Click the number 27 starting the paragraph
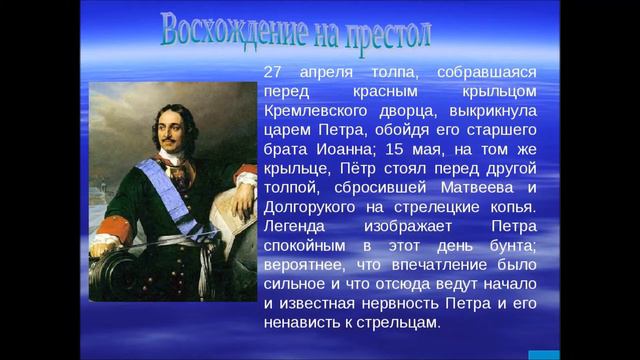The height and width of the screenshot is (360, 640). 274,73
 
